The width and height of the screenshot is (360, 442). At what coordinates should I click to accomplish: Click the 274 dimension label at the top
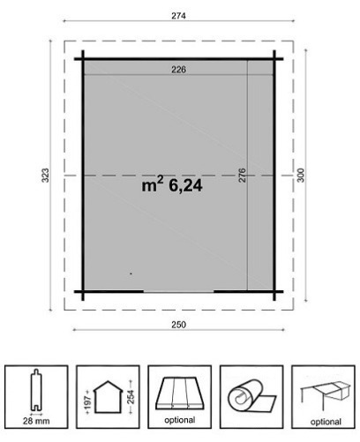pos(178,16)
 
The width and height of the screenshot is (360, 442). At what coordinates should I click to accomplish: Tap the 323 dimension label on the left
pos(45,176)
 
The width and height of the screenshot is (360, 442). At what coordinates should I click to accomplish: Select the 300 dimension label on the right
pos(300,176)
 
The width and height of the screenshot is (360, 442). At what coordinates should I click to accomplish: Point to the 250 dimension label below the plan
pos(178,325)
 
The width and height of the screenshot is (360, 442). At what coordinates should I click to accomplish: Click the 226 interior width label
pos(178,70)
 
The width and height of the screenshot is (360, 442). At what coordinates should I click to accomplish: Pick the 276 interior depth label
pos(242,176)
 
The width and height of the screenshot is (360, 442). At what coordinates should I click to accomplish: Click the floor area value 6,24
pos(185,186)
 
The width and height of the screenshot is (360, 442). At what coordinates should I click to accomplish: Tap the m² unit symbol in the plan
pos(153,184)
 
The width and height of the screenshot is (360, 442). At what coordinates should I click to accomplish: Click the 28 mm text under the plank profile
pos(36,421)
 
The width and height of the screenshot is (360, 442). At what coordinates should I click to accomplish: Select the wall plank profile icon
pos(36,390)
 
